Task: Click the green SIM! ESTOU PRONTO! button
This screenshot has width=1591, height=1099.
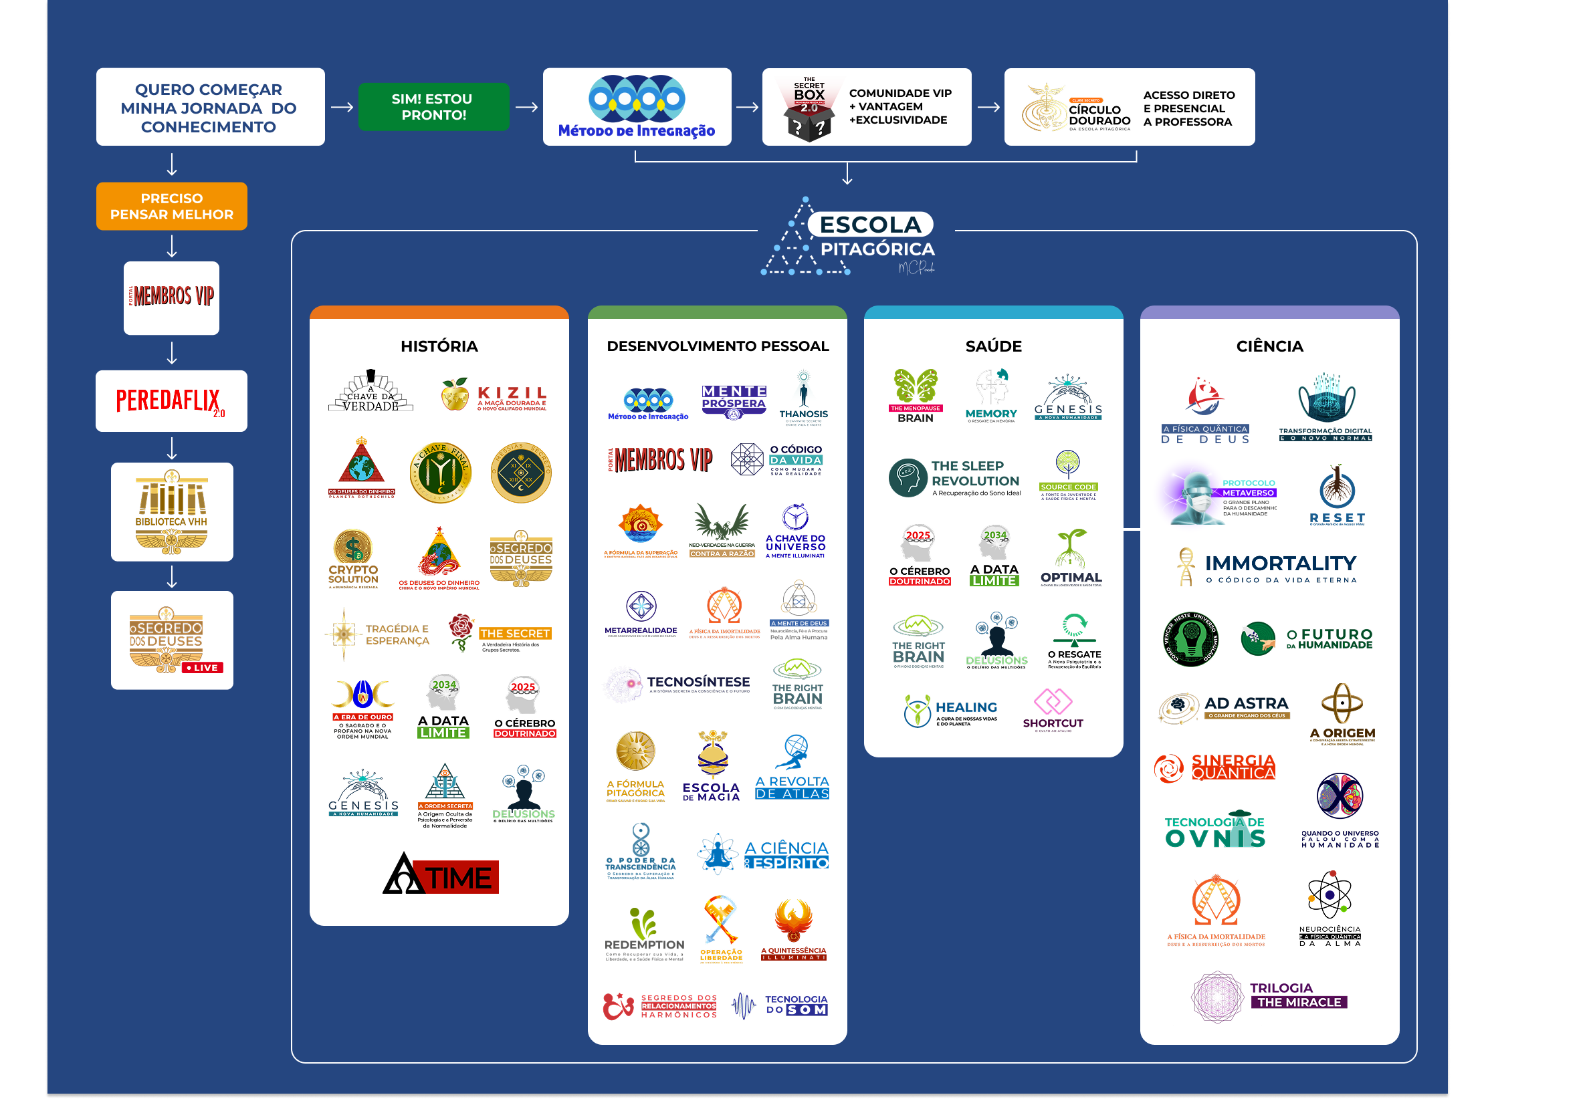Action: coord(433,107)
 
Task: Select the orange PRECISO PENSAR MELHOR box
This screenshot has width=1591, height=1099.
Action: coord(171,206)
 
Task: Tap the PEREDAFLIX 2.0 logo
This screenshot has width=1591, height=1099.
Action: coord(171,401)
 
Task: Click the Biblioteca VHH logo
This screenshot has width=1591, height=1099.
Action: coord(171,511)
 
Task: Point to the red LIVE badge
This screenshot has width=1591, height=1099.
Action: coord(202,668)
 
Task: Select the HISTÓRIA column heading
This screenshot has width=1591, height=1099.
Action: coord(439,346)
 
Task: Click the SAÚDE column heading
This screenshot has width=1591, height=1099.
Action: coord(992,346)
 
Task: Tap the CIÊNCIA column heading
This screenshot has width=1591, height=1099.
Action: coord(1269,346)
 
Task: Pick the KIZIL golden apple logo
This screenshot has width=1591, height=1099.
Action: coord(494,395)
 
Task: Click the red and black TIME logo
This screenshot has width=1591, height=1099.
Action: coord(440,874)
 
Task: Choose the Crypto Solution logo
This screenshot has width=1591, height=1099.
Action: coord(353,558)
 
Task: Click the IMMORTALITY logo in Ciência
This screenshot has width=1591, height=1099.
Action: coord(1268,568)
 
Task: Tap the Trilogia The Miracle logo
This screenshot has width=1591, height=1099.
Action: coord(1269,995)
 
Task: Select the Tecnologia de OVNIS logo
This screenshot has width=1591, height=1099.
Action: coord(1214,830)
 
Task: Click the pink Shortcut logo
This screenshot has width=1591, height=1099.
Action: coord(1053,709)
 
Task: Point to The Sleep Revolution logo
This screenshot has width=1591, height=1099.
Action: coord(955,477)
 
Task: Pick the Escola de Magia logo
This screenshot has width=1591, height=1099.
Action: coord(712,766)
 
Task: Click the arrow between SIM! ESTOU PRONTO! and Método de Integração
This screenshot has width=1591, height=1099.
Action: coord(526,107)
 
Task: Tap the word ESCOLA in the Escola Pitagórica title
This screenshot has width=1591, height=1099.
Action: coord(870,225)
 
